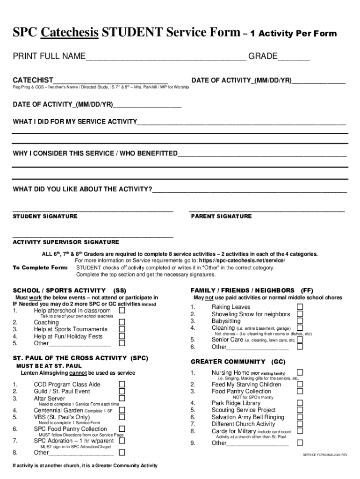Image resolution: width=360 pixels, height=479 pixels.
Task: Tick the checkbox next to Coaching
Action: pos(122,322)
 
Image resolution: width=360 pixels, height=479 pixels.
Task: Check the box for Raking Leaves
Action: pos(300,307)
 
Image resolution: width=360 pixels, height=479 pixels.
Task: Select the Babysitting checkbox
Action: pos(300,321)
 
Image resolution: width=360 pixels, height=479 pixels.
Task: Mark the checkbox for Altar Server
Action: pos(122,398)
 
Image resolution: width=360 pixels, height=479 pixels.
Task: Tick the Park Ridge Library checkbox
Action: pos(300,403)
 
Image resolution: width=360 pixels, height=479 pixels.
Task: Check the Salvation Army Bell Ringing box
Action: pos(300,417)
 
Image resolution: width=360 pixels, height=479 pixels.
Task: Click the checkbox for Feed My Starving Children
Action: pos(300,384)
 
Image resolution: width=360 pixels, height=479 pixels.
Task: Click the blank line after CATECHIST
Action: pos(110,80)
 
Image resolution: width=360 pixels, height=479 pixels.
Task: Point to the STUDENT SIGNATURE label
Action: pos(45,217)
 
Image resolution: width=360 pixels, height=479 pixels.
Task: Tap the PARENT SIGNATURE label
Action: pos(221,217)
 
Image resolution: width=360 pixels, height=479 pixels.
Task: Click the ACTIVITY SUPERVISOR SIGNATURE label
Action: pos(65,242)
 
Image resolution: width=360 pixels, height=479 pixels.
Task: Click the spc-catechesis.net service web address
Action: pos(242,261)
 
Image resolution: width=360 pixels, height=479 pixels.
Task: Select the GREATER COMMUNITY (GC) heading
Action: pos(238,362)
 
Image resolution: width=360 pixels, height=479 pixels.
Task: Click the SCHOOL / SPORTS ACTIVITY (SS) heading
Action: pos(69,290)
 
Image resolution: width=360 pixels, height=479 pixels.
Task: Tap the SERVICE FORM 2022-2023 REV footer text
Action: pos(325,455)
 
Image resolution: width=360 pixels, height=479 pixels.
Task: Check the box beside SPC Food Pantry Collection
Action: pos(122,428)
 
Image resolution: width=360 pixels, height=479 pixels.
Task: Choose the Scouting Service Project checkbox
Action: pos(300,410)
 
